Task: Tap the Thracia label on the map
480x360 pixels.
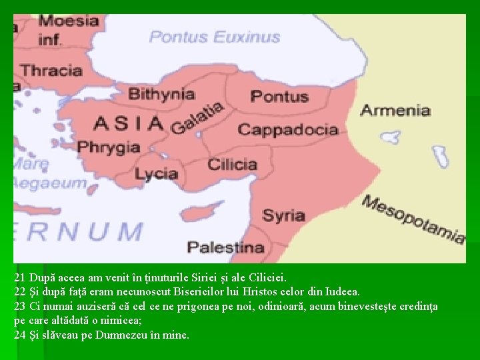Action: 51,70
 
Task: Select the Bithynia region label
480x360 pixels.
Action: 162,94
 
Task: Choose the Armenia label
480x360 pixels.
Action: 395,110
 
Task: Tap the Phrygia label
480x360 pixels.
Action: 108,147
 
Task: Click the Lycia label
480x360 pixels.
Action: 156,175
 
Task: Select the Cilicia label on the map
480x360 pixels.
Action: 233,164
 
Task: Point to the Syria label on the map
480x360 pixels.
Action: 283,215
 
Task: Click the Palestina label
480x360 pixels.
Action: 225,247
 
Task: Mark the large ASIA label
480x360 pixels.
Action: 129,123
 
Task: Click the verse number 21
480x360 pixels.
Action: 19,275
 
